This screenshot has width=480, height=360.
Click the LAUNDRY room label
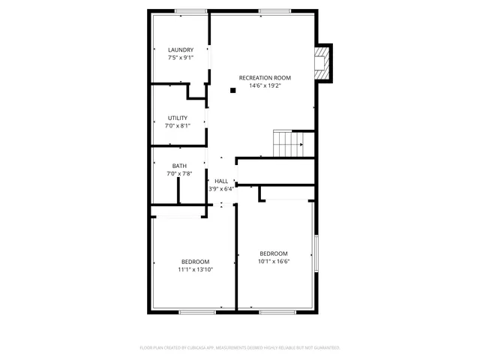click(x=180, y=50)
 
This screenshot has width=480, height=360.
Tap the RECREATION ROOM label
click(x=265, y=77)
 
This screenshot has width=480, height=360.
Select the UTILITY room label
click(x=178, y=118)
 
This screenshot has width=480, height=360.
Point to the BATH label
click(x=179, y=166)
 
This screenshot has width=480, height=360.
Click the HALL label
click(x=221, y=181)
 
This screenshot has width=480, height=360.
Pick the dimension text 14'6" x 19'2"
click(x=265, y=85)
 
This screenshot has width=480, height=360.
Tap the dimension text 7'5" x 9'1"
click(x=180, y=58)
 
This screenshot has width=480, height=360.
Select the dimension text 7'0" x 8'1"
click(x=178, y=126)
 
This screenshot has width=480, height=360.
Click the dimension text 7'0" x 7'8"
click(x=179, y=174)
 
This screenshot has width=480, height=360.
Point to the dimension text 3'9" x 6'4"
click(x=221, y=189)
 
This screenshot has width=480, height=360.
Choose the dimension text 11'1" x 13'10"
click(x=195, y=269)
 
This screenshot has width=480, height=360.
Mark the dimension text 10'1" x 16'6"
click(x=274, y=262)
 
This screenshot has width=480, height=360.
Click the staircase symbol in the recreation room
click(x=287, y=142)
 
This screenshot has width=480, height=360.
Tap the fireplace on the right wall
click(x=322, y=62)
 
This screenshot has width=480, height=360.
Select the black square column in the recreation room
click(x=233, y=91)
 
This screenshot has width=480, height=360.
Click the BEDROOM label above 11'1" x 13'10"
click(x=195, y=261)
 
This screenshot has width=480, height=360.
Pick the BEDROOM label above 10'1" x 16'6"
click(x=274, y=253)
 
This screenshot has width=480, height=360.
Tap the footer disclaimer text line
click(x=240, y=348)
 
